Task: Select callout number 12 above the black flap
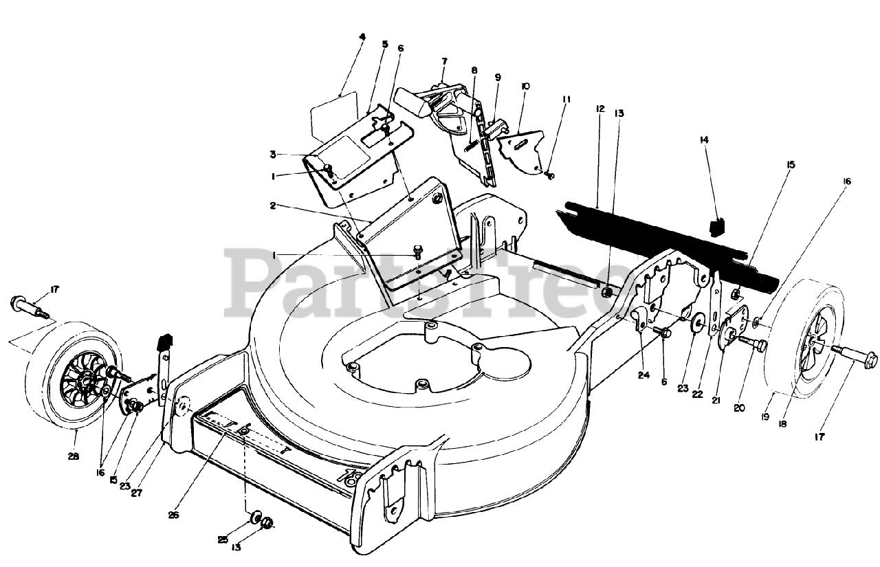pyautogui.click(x=599, y=109)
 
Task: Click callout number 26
pyautogui.click(x=173, y=514)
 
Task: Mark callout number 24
pyautogui.click(x=643, y=375)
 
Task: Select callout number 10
pyautogui.click(x=525, y=87)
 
